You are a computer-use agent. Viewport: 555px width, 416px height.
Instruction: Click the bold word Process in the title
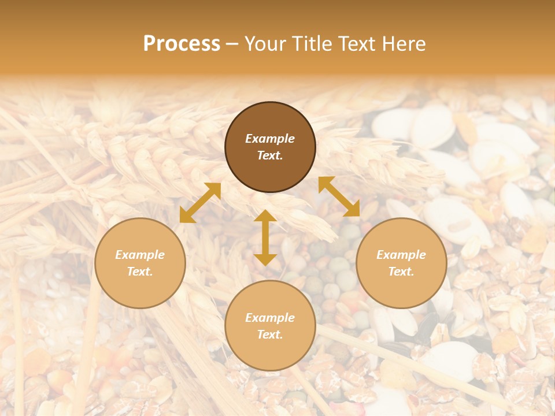[182, 44]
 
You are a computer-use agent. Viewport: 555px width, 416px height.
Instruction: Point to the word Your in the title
[265, 44]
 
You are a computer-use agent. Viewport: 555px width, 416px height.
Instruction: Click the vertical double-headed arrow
[265, 237]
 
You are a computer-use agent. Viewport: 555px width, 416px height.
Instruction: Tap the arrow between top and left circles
[200, 203]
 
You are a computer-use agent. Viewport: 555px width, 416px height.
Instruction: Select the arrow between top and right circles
[339, 196]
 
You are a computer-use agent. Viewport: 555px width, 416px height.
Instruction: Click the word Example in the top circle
[270, 139]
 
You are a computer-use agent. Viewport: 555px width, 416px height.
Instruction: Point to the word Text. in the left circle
[140, 272]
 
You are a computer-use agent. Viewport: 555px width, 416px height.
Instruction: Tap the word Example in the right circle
[401, 255]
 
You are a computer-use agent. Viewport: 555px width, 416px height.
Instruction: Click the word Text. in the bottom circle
[270, 335]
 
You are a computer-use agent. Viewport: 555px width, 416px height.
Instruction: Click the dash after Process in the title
[232, 44]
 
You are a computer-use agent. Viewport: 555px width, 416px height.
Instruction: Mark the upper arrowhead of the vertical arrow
[265, 215]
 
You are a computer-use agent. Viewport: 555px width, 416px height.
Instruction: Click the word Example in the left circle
[140, 255]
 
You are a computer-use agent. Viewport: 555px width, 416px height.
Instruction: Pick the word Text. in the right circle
[401, 272]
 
